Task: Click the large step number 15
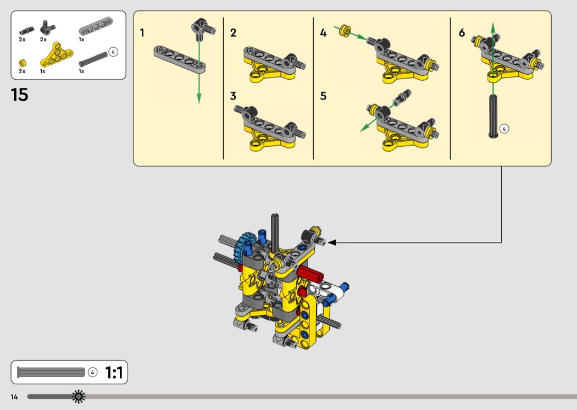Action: pos(19,95)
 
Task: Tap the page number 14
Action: pos(14,397)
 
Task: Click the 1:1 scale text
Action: pos(114,373)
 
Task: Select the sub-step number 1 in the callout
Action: pos(142,33)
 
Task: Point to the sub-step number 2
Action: pos(234,33)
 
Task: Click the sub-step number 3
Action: pos(233,96)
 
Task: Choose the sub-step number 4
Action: pos(323,33)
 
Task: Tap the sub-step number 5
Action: pos(323,96)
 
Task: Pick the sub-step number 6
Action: pos(462,33)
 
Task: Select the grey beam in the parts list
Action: pos(96,27)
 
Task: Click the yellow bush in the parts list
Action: pos(22,63)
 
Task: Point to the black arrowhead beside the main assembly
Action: pos(331,242)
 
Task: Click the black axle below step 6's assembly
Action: pos(493,116)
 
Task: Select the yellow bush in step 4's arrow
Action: pos(345,31)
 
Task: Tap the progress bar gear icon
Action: pos(79,396)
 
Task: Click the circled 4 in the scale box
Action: pos(93,373)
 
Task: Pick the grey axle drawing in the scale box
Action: pos(51,372)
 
